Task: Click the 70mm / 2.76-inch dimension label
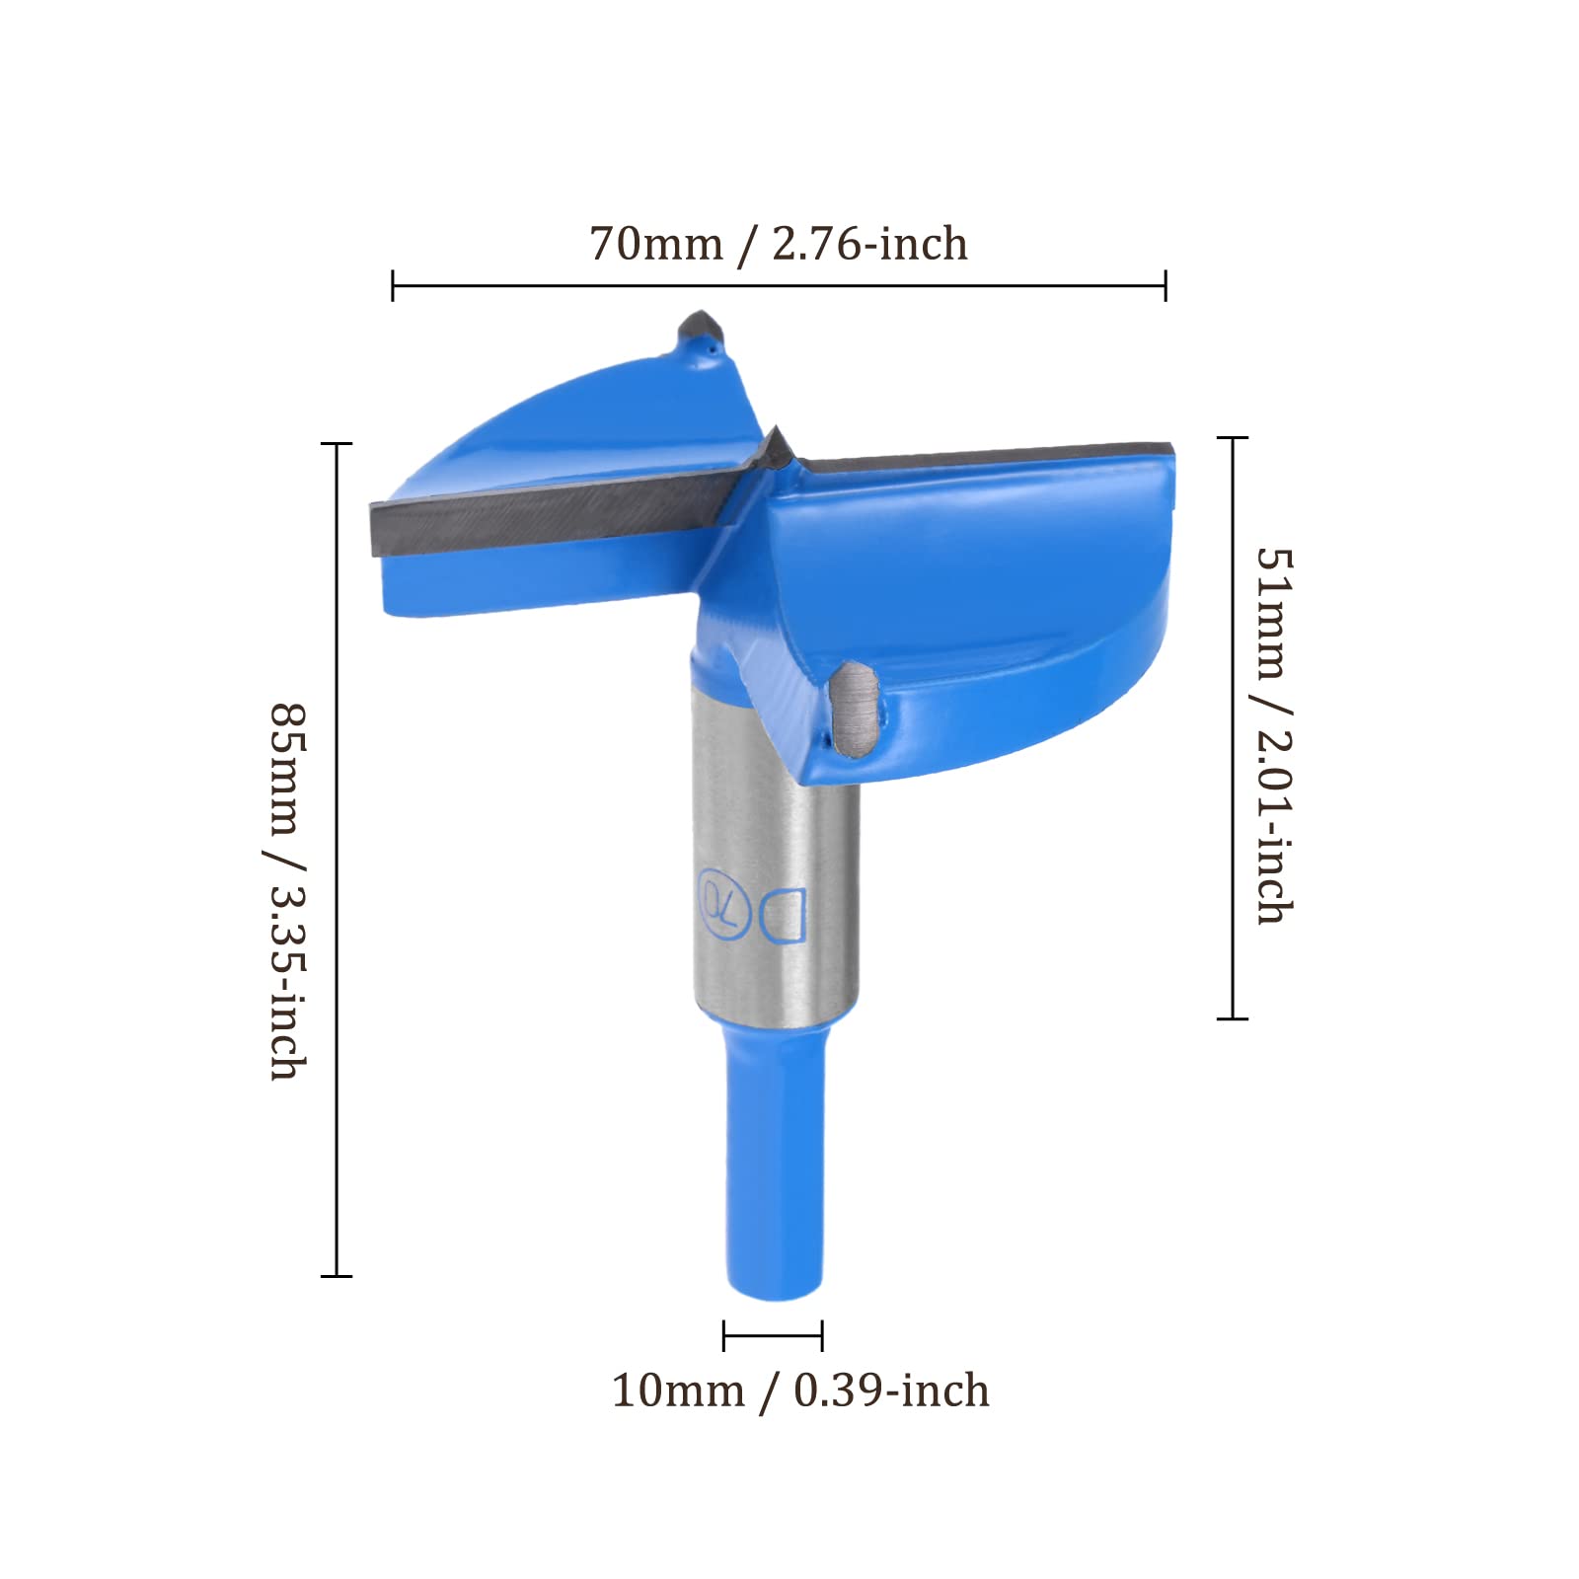[779, 244]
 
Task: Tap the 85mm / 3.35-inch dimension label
[289, 891]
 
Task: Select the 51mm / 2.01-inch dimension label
[1274, 735]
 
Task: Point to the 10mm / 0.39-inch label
[800, 1391]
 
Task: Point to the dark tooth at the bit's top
[703, 333]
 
